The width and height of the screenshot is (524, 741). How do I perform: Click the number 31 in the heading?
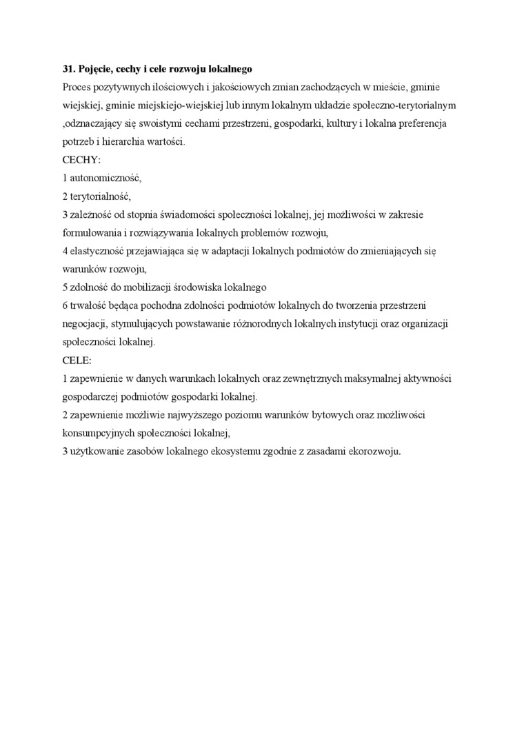(67, 70)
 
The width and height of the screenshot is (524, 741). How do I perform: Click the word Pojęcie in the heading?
(94, 70)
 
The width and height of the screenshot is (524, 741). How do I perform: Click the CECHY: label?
(81, 160)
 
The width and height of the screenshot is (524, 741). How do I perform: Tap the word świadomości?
(170, 214)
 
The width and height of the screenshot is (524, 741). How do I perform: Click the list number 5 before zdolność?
(65, 287)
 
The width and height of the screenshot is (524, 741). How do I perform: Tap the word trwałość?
(85, 305)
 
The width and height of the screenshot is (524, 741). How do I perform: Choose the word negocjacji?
(83, 323)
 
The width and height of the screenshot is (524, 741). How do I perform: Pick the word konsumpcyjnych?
(94, 433)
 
